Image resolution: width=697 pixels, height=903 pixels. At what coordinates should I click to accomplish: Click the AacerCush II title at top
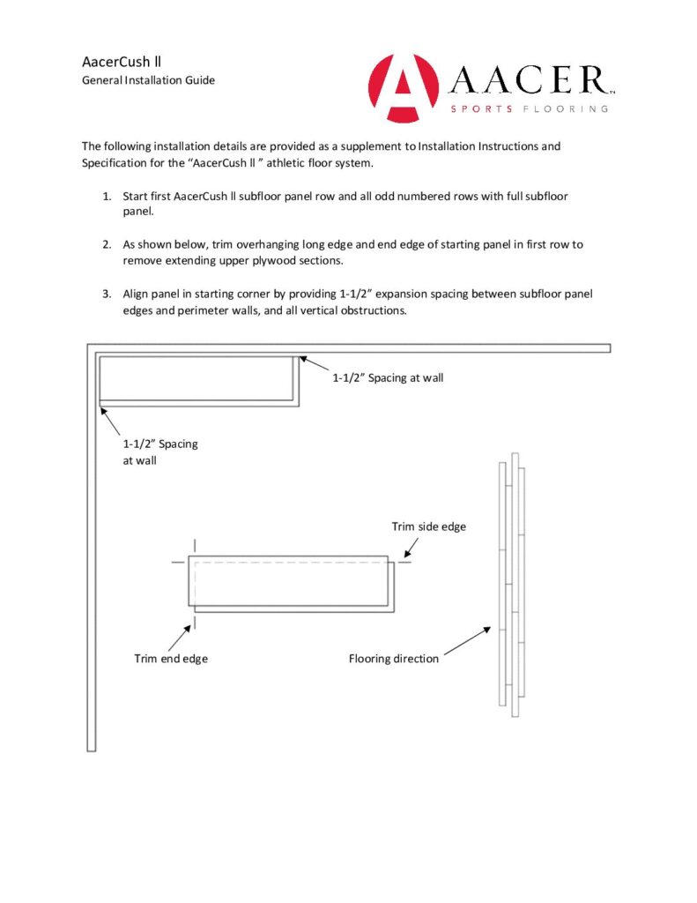[x=121, y=62]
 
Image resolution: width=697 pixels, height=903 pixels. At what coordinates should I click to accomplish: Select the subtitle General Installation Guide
[x=148, y=80]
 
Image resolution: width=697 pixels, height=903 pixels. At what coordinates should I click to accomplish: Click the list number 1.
[x=107, y=196]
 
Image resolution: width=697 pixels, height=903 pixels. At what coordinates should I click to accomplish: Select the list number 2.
[x=107, y=244]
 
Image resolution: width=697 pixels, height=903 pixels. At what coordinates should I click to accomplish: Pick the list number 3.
[x=107, y=294]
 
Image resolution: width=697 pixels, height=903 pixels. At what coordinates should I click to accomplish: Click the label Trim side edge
[x=428, y=526]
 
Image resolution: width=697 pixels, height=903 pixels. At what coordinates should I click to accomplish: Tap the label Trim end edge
[x=171, y=658]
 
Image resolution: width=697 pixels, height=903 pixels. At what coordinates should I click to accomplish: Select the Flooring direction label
[x=393, y=658]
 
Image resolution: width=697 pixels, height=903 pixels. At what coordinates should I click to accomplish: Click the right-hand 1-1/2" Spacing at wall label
[x=388, y=377]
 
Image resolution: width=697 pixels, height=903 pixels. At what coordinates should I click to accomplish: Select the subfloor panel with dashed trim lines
[x=289, y=582]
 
